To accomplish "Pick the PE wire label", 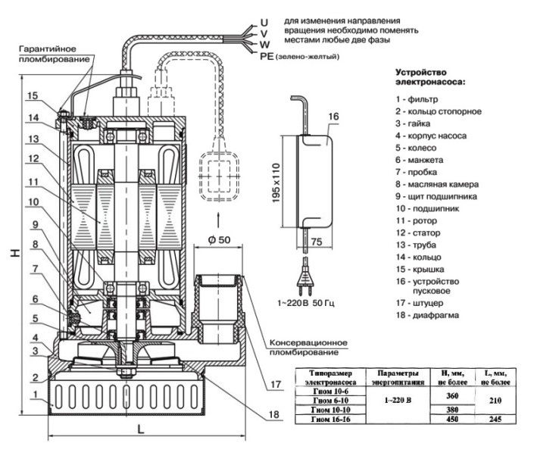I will (x=265, y=56).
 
